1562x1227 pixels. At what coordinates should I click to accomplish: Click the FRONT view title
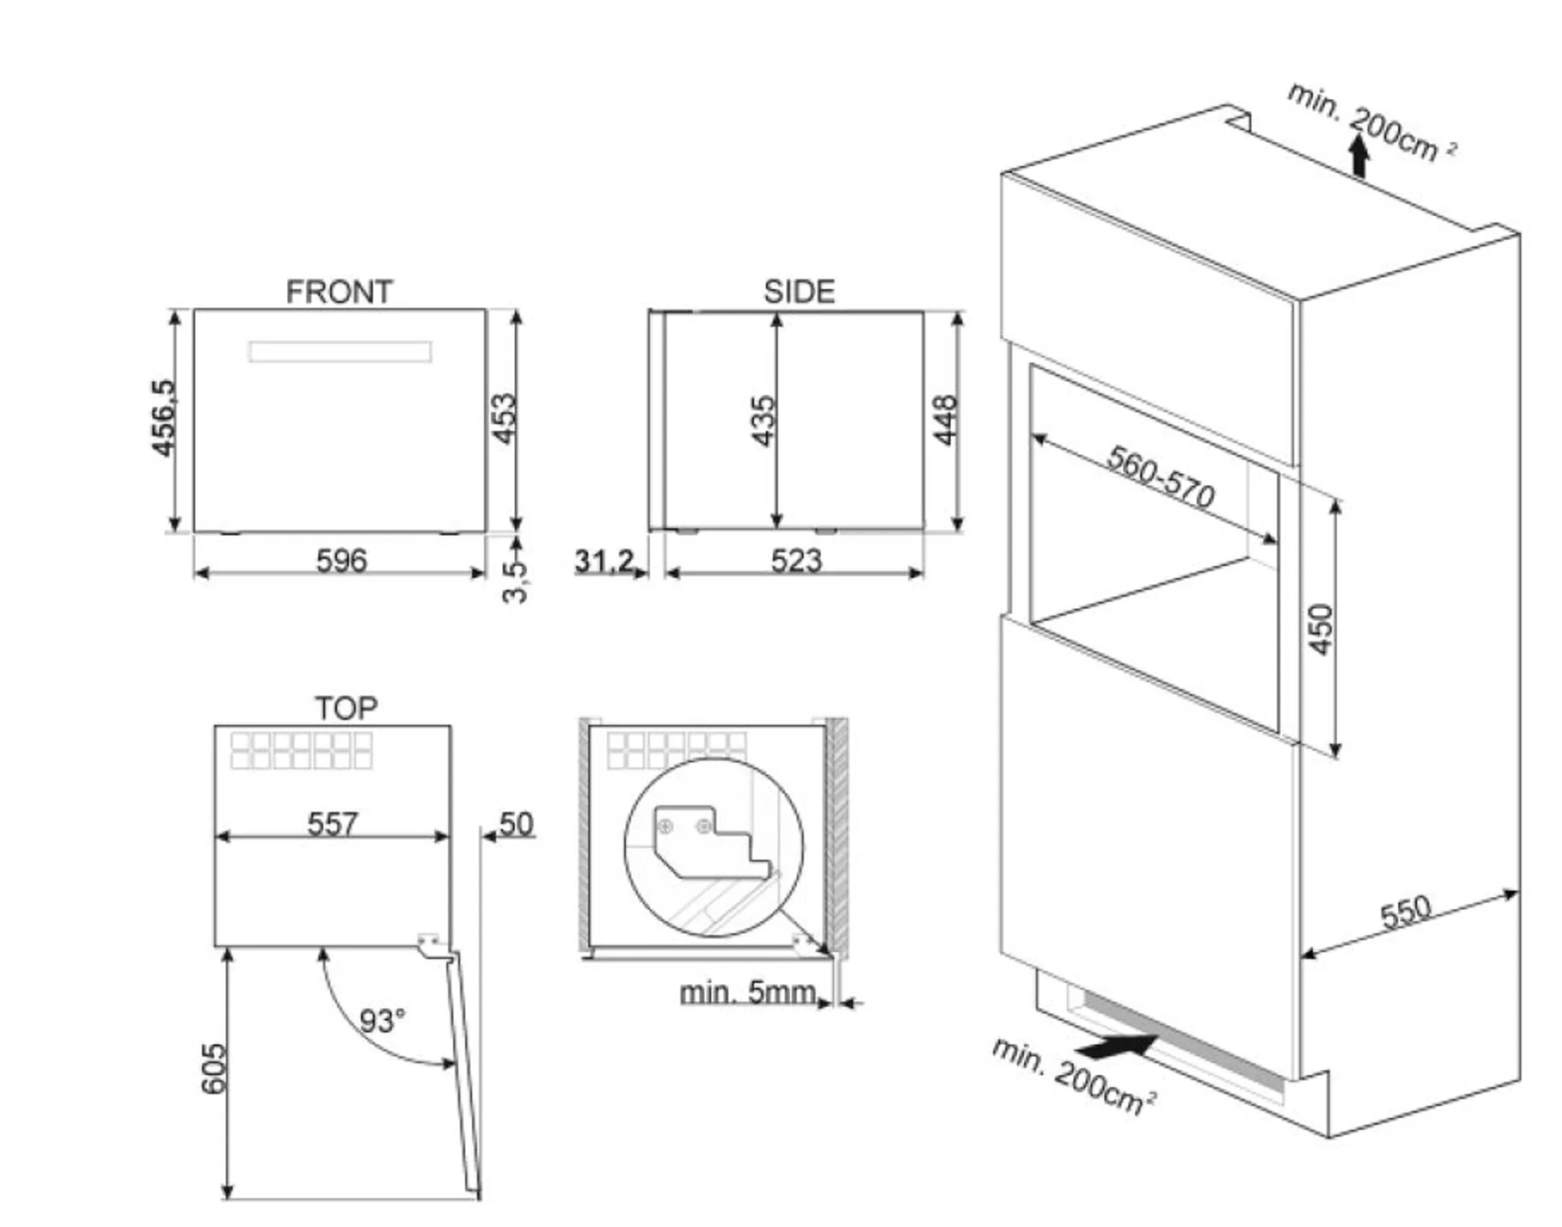(x=339, y=292)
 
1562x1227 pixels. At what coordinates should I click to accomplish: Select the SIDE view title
(x=799, y=292)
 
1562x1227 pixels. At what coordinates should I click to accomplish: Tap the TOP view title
(x=346, y=708)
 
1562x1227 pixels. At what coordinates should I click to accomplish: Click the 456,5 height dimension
(x=163, y=418)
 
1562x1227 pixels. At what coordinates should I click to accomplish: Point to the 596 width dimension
(x=341, y=560)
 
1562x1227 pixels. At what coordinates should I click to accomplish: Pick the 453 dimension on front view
(x=503, y=418)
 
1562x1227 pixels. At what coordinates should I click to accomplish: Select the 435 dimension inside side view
(x=763, y=421)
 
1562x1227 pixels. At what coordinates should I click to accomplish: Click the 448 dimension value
(x=945, y=420)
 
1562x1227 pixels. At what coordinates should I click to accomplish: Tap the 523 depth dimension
(x=796, y=560)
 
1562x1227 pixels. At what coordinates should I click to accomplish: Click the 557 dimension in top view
(x=332, y=824)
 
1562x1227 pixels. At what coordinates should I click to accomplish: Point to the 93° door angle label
(x=382, y=1021)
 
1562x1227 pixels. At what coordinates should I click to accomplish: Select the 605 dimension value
(x=213, y=1069)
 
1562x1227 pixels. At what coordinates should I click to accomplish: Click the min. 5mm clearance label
(x=748, y=992)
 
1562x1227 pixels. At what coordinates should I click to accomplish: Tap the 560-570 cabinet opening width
(x=1161, y=476)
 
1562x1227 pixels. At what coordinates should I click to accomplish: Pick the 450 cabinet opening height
(x=1320, y=630)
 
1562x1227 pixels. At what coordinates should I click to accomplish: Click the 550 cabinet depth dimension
(x=1406, y=912)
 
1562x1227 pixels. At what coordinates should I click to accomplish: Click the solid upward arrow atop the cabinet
(x=1360, y=155)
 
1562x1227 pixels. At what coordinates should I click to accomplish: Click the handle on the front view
(x=340, y=352)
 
